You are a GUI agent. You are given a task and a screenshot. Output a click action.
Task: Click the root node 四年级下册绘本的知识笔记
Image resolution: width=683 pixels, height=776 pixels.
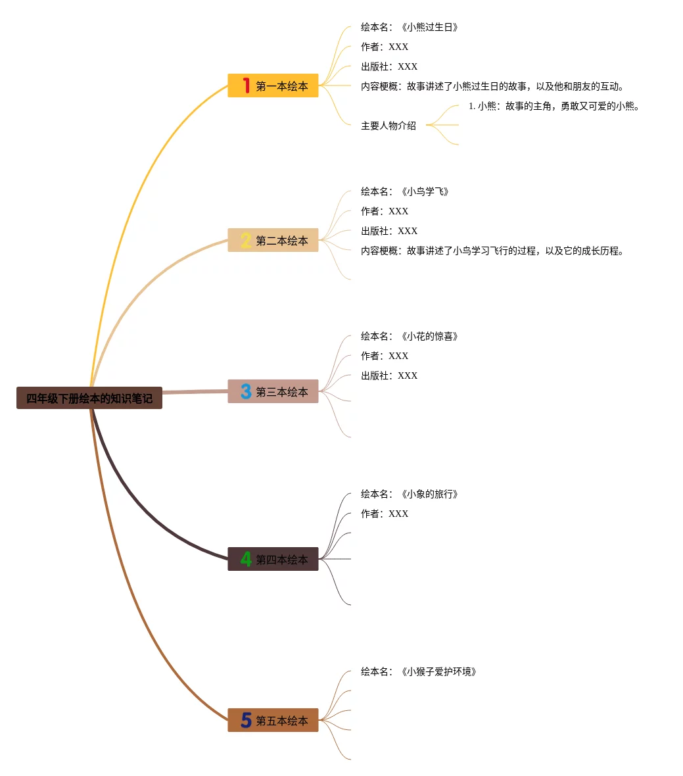[89, 398]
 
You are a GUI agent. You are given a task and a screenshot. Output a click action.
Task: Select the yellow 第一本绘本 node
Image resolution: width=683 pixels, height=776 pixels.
[273, 85]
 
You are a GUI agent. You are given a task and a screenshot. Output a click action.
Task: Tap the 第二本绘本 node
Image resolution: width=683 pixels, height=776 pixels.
[273, 240]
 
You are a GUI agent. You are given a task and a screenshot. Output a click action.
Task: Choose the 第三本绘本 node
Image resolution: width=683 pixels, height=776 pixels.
[273, 391]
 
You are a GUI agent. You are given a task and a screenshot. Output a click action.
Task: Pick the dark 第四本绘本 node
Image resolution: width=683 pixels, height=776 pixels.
[273, 559]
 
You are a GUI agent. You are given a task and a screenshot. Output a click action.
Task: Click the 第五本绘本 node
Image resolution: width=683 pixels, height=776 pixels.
[273, 720]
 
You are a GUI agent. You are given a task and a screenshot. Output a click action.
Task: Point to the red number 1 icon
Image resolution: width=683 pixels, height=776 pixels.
[246, 85]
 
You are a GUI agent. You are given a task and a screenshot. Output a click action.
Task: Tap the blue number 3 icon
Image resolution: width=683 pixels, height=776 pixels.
[246, 391]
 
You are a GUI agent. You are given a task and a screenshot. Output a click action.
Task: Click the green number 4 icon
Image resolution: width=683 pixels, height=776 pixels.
[246, 559]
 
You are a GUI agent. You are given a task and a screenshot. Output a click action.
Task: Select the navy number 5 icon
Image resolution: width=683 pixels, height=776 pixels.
[246, 720]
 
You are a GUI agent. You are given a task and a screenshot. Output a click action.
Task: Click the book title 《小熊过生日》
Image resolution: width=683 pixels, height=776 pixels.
[429, 27]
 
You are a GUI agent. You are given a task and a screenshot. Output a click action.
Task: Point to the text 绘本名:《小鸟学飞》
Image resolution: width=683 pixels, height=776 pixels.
[405, 191]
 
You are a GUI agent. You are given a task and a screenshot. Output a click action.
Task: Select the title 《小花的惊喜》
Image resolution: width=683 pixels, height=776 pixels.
[429, 336]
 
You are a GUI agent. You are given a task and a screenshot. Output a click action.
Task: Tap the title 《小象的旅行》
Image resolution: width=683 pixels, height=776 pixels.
[429, 494]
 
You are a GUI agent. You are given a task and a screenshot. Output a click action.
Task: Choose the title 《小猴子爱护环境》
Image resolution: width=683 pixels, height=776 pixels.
[438, 671]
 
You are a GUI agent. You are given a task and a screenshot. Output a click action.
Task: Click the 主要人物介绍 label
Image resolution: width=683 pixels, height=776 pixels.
[389, 126]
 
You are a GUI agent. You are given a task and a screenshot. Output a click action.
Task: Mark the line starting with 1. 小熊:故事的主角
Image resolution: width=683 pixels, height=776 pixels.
[554, 106]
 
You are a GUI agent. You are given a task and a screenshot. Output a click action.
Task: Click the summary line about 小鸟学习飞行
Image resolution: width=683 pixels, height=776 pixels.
[492, 251]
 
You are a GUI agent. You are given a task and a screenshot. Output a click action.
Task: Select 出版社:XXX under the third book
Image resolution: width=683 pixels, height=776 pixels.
[389, 376]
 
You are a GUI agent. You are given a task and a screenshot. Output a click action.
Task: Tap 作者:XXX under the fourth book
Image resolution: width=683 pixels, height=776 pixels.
[385, 514]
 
